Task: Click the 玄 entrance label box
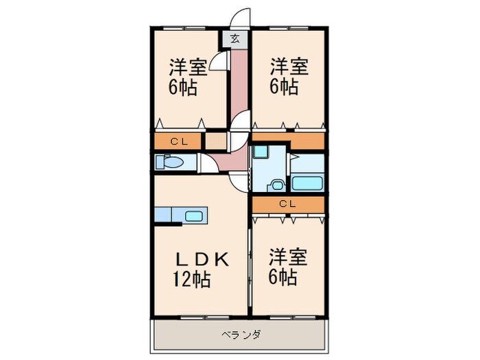pos(235,40)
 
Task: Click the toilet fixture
pos(170,163)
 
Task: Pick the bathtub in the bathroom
pos(307,184)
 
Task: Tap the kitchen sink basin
pos(194,216)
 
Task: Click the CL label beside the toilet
pos(180,142)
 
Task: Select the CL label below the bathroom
pos(287,204)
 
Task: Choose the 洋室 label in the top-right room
pos(288,67)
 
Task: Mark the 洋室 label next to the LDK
pos(287,259)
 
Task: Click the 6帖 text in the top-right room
pos(283,87)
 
